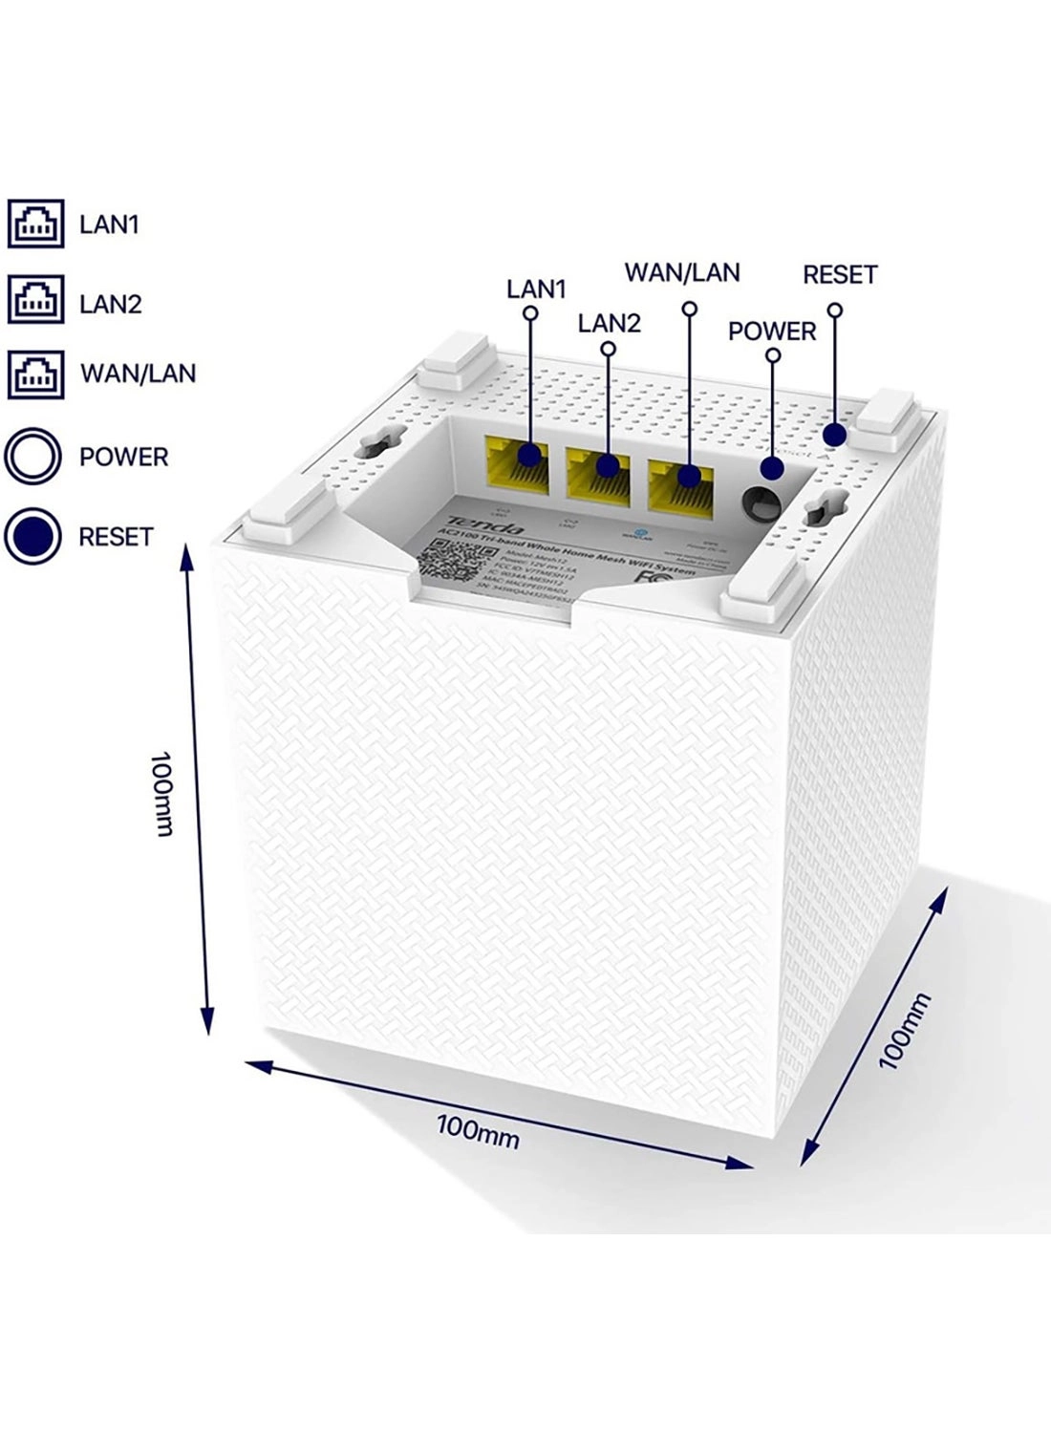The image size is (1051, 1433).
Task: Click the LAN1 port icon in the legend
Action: click(x=36, y=225)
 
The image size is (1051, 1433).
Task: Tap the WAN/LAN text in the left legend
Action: click(x=138, y=374)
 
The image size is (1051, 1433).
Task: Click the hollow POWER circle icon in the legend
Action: click(x=33, y=456)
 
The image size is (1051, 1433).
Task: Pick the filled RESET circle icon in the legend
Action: click(x=33, y=536)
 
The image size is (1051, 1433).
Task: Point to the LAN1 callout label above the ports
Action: click(x=536, y=289)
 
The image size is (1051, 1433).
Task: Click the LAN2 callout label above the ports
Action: click(x=609, y=323)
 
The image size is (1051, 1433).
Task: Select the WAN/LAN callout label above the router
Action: click(x=682, y=273)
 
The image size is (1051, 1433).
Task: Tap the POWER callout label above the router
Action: click(x=772, y=332)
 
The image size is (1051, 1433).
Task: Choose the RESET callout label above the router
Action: click(x=839, y=275)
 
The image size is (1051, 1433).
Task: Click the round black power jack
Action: click(x=761, y=503)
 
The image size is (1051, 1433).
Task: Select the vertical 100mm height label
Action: click(x=162, y=792)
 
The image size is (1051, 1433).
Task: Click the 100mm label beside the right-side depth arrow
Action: click(x=904, y=1029)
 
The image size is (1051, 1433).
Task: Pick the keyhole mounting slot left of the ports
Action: click(x=368, y=445)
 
